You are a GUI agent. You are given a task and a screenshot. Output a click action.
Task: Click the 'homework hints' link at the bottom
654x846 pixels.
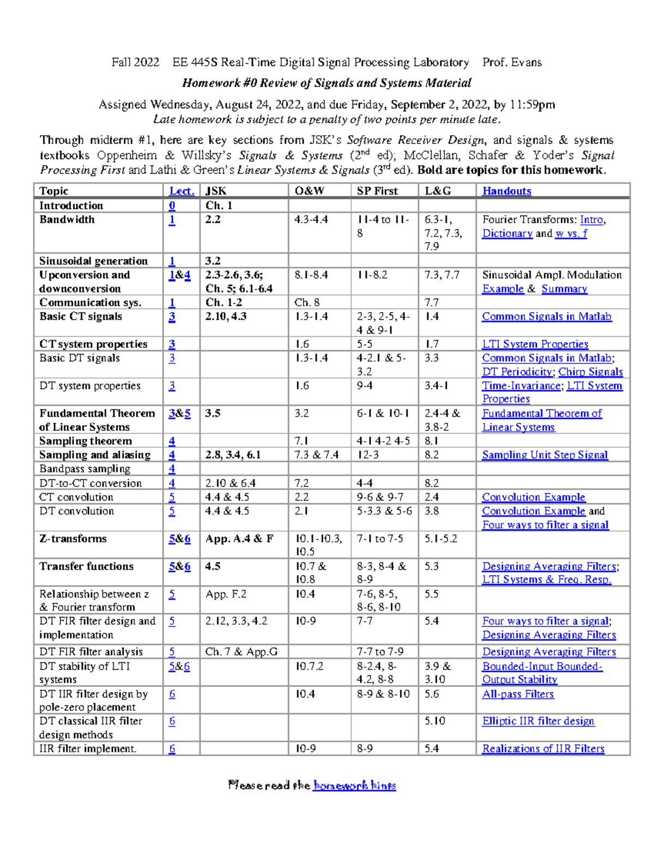[354, 785]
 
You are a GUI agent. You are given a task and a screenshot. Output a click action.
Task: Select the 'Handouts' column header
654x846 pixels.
[506, 191]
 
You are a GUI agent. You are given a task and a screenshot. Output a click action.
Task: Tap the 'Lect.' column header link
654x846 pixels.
[181, 191]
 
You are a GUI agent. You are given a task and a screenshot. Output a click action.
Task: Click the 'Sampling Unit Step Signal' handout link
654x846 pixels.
[544, 455]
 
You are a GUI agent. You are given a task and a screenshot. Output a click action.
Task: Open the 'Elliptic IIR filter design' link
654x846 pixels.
[538, 721]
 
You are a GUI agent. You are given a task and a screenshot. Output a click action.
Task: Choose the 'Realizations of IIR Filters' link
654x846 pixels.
[543, 748]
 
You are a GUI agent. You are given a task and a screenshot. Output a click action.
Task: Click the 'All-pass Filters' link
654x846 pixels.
[518, 693]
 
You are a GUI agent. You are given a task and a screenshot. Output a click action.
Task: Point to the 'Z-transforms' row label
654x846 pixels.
[73, 538]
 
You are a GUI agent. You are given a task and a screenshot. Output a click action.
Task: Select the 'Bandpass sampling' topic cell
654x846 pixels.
[84, 468]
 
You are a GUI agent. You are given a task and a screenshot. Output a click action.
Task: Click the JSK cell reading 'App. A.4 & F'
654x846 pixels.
[239, 538]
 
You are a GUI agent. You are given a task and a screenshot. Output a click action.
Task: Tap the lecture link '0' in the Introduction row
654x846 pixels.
[172, 205]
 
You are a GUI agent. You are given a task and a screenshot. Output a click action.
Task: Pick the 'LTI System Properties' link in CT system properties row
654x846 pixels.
[535, 344]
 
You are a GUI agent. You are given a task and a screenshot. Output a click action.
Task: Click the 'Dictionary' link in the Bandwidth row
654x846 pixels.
[507, 233]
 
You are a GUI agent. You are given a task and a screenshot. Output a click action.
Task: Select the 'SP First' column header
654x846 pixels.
[377, 191]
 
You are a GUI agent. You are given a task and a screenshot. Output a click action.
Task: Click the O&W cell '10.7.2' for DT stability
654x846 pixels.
[309, 666]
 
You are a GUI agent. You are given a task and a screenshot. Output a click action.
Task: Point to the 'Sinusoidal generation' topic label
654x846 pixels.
[93, 260]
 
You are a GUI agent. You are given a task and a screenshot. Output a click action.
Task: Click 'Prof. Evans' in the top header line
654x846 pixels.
[512, 62]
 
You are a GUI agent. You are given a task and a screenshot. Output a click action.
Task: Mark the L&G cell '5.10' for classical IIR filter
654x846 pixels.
[435, 721]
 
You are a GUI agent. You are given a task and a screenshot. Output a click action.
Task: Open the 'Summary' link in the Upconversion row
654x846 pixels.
[564, 289]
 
